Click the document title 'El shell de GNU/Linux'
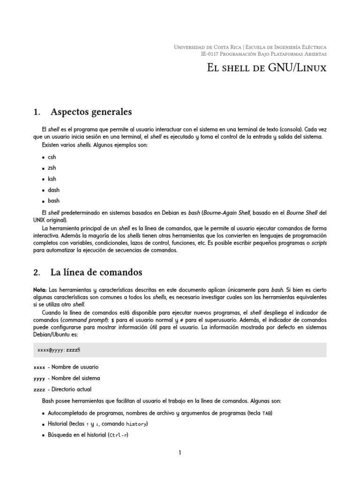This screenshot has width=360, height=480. tap(266, 68)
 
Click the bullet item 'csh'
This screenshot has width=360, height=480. tap(52, 157)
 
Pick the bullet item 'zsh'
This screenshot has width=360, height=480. tap(52, 168)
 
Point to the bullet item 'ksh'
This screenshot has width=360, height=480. tap(52, 179)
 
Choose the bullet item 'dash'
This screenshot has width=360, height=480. tap(53, 190)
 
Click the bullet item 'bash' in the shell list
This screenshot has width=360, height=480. tap(53, 201)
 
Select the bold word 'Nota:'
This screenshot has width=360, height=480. tap(40, 290)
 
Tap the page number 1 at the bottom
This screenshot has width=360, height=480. tap(180, 453)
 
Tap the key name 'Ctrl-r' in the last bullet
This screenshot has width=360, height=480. tap(118, 435)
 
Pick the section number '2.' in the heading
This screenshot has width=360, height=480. tap(37, 272)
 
